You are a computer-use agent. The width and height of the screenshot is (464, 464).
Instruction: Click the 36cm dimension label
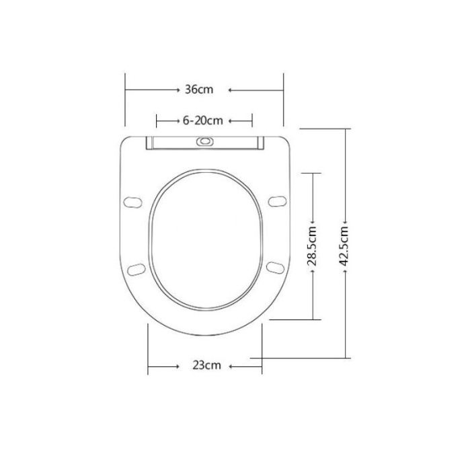[x=199, y=89]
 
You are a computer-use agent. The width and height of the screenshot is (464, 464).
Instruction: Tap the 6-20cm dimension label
[x=202, y=121]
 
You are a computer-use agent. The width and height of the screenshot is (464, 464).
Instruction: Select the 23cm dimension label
[x=206, y=365]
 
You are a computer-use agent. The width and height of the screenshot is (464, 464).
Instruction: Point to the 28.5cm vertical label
[x=312, y=246]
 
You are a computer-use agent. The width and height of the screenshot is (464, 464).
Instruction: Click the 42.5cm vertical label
[x=344, y=246]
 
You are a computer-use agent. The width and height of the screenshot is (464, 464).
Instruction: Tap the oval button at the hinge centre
[x=205, y=141]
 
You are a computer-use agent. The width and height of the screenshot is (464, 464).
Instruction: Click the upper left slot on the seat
[x=132, y=202]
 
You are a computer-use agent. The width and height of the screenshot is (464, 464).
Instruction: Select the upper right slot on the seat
[x=277, y=201]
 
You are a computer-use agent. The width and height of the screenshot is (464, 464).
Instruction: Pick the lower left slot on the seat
[x=137, y=270]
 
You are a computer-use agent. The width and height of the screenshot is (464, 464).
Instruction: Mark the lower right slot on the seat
[x=275, y=268]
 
